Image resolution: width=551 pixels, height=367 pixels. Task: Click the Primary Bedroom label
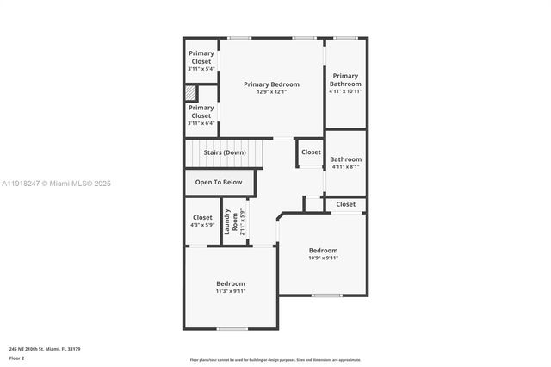point(271,84)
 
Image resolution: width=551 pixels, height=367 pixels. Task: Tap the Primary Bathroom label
point(345,79)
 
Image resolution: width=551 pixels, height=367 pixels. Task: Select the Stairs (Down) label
point(225,152)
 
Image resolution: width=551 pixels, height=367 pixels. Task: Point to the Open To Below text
point(219,183)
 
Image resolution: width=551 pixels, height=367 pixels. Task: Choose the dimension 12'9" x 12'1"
point(271,92)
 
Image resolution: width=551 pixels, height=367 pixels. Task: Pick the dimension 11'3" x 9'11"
point(231,291)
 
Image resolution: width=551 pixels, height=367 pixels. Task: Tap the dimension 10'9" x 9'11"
point(324,258)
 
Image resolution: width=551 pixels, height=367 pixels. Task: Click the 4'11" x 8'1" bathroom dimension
point(345,167)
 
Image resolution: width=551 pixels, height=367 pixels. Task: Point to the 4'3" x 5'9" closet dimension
point(202,226)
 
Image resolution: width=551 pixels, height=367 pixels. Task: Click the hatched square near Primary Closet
point(190,92)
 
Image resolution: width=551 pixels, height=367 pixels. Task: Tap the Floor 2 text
point(17,357)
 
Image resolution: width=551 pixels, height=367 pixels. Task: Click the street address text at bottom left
point(45,348)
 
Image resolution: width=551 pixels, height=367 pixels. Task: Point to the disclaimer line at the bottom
point(275,360)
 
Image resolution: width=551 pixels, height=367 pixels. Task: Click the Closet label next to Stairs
point(311,152)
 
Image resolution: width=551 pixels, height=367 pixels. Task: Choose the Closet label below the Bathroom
point(345,204)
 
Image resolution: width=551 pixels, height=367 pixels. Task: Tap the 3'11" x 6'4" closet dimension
point(201,123)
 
